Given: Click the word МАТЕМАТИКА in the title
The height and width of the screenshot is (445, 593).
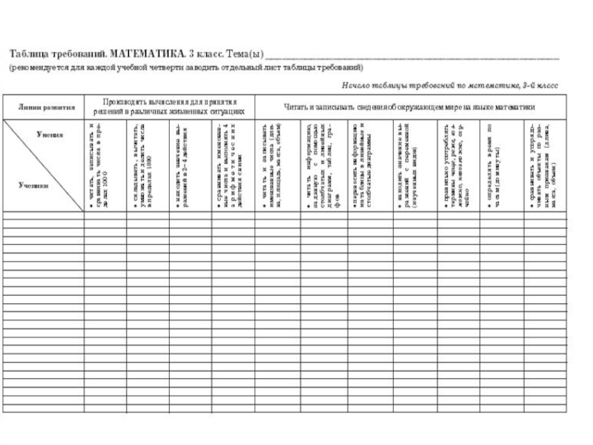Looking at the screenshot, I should pos(144,56).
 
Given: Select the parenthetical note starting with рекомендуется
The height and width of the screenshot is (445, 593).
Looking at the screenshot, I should pos(185,67).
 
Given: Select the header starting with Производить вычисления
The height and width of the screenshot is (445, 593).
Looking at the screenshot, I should pos(169,107).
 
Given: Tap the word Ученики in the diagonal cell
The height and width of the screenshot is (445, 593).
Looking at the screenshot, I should pos(33,185).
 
